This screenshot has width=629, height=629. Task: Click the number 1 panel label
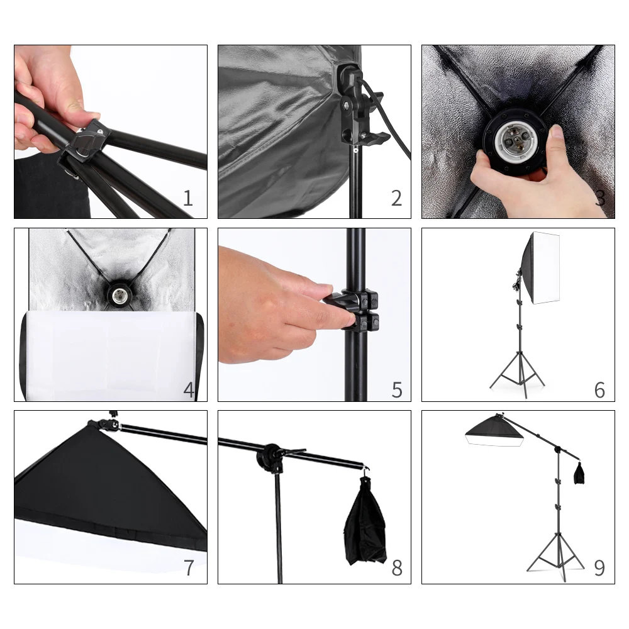(188, 199)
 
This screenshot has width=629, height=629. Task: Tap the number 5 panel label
(397, 389)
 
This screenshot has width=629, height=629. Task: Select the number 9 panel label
(599, 568)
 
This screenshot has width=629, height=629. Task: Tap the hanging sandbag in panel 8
(365, 522)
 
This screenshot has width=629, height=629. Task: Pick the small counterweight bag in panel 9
(579, 473)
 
